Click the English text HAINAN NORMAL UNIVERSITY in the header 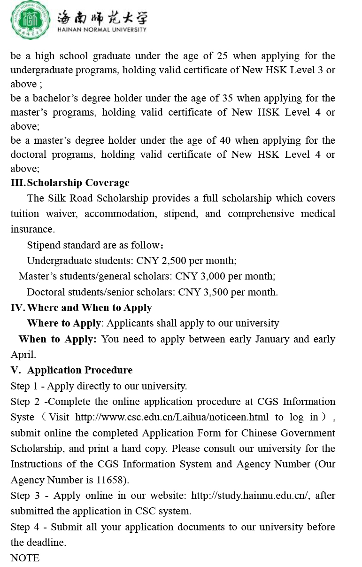101,30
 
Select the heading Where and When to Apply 89,308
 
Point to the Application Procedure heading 80,370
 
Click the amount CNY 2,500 157,261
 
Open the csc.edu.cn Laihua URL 172,417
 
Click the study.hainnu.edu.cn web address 249,496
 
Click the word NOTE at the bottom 25,558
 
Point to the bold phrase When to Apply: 57,339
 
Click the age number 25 222,56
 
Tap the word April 23,355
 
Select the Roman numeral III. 18,183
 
